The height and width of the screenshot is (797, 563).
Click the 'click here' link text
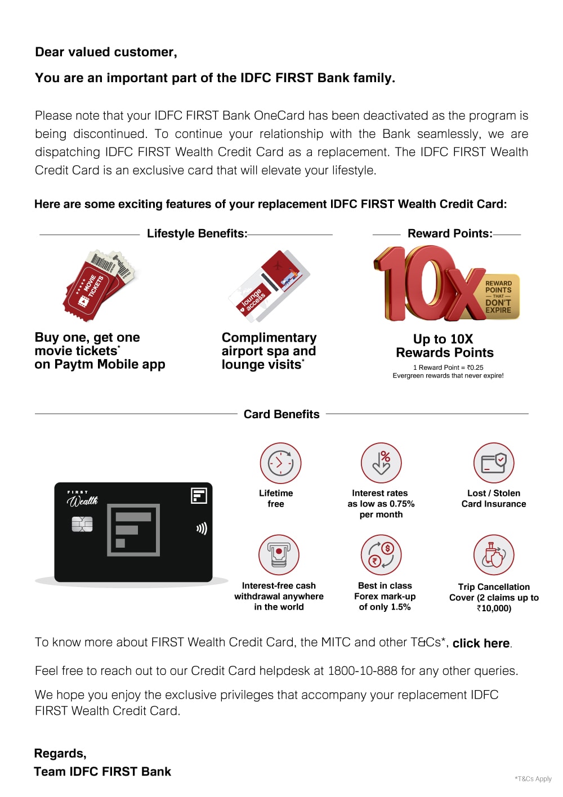click(x=481, y=643)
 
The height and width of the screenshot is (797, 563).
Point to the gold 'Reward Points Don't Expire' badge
click(x=498, y=297)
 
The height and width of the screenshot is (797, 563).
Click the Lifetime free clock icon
click(x=280, y=463)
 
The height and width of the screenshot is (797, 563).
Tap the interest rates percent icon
click(x=381, y=463)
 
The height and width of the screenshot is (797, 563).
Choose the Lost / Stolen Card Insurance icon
click(x=494, y=463)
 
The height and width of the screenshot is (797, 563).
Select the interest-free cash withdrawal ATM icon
click(x=279, y=555)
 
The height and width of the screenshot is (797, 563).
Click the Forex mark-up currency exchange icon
click(x=381, y=555)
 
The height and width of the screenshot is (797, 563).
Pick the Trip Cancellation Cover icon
click(x=494, y=555)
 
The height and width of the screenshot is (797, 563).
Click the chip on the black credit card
click(x=82, y=525)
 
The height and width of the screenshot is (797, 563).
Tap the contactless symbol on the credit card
click(x=201, y=529)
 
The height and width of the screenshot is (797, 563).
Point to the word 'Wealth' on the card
click(x=82, y=500)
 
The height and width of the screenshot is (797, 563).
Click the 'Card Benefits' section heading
click(x=281, y=414)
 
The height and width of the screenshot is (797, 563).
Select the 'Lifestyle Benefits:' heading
click(x=197, y=234)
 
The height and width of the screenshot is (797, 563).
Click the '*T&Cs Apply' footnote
click(x=533, y=779)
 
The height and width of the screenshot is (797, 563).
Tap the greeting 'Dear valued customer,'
click(x=106, y=52)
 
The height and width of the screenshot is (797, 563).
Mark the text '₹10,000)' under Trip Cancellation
click(x=494, y=608)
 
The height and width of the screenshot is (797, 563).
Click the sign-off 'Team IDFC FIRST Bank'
click(x=102, y=772)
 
